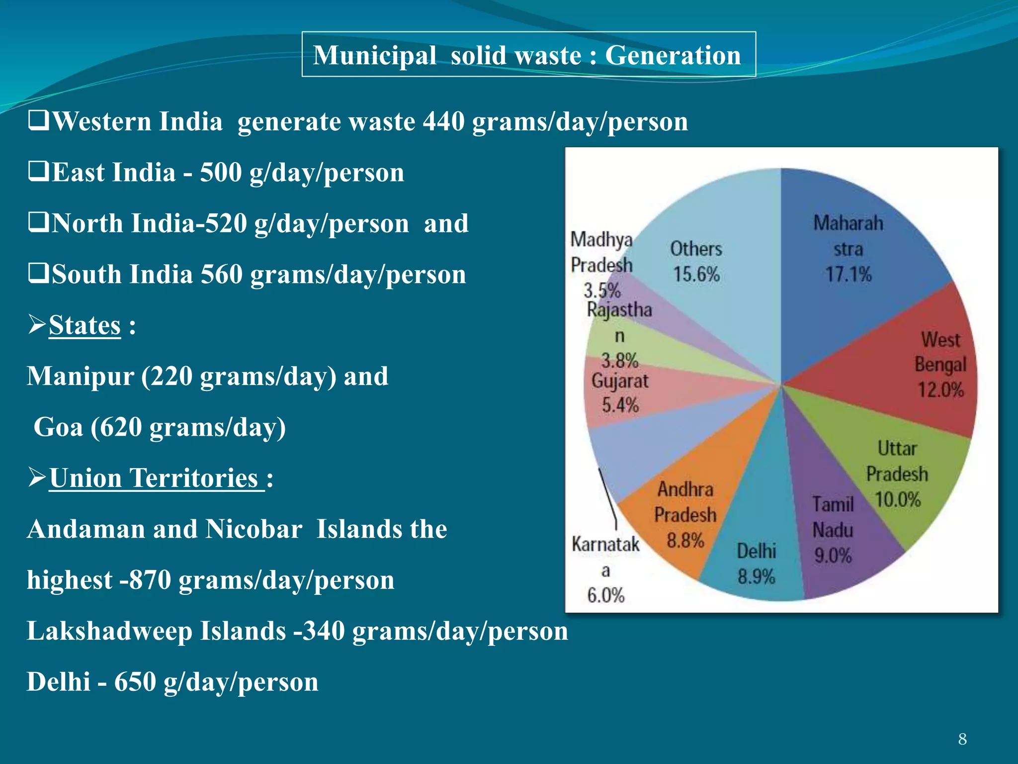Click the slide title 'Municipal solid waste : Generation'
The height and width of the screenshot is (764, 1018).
(528, 55)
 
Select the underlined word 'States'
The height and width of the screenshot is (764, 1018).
(85, 326)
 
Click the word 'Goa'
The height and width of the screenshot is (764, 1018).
(58, 427)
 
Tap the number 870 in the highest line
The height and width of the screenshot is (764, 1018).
(150, 580)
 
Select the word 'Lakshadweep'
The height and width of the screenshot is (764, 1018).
(110, 631)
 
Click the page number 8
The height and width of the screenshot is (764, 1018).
(962, 739)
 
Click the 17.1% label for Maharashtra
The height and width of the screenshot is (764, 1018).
(848, 275)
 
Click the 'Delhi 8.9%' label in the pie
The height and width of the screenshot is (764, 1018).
(756, 564)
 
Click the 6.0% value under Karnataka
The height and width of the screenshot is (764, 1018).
(605, 595)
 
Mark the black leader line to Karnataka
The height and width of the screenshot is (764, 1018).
(608, 497)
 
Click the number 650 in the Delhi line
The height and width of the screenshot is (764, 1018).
(135, 682)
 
